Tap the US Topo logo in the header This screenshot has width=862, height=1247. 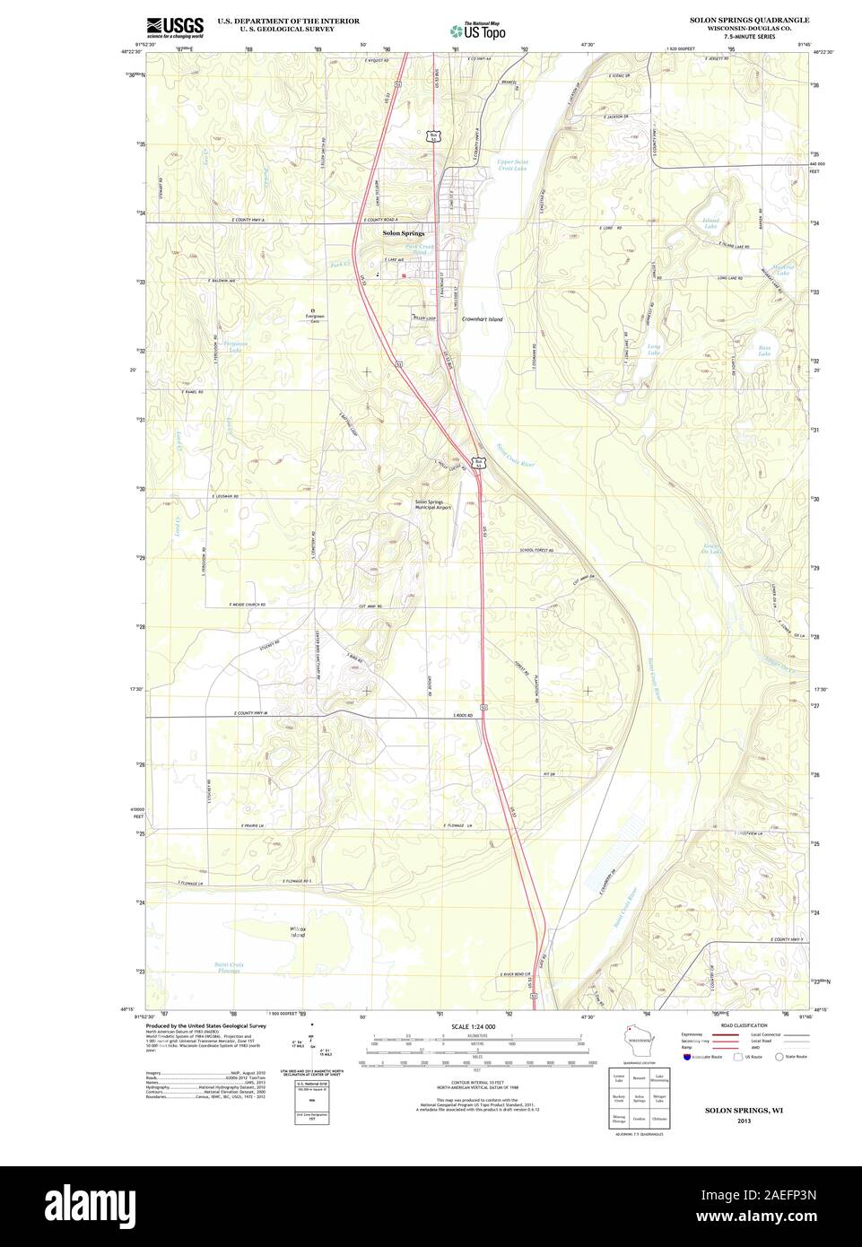pos(478,30)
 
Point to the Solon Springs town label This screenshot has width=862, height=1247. pos(403,233)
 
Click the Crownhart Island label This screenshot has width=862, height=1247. pos(483,319)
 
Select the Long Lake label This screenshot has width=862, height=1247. pos(654,348)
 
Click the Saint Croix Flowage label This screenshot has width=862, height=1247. pos(229,967)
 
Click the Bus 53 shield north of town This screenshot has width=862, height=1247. pos(435,136)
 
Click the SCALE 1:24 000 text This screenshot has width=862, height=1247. pos(473,1026)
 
